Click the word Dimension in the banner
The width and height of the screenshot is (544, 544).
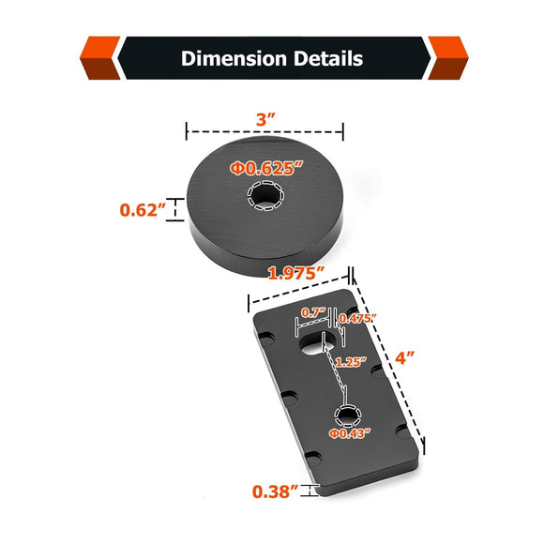[x=234, y=58]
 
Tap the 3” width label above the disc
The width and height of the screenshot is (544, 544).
[x=265, y=120]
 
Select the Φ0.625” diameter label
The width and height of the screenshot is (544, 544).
[x=266, y=168]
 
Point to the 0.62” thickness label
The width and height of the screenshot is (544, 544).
[x=143, y=210]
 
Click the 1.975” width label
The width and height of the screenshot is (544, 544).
[x=296, y=273]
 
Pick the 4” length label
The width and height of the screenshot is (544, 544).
[x=405, y=357]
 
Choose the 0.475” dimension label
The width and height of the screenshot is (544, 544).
[x=357, y=318]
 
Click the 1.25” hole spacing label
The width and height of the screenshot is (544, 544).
[x=351, y=362]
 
